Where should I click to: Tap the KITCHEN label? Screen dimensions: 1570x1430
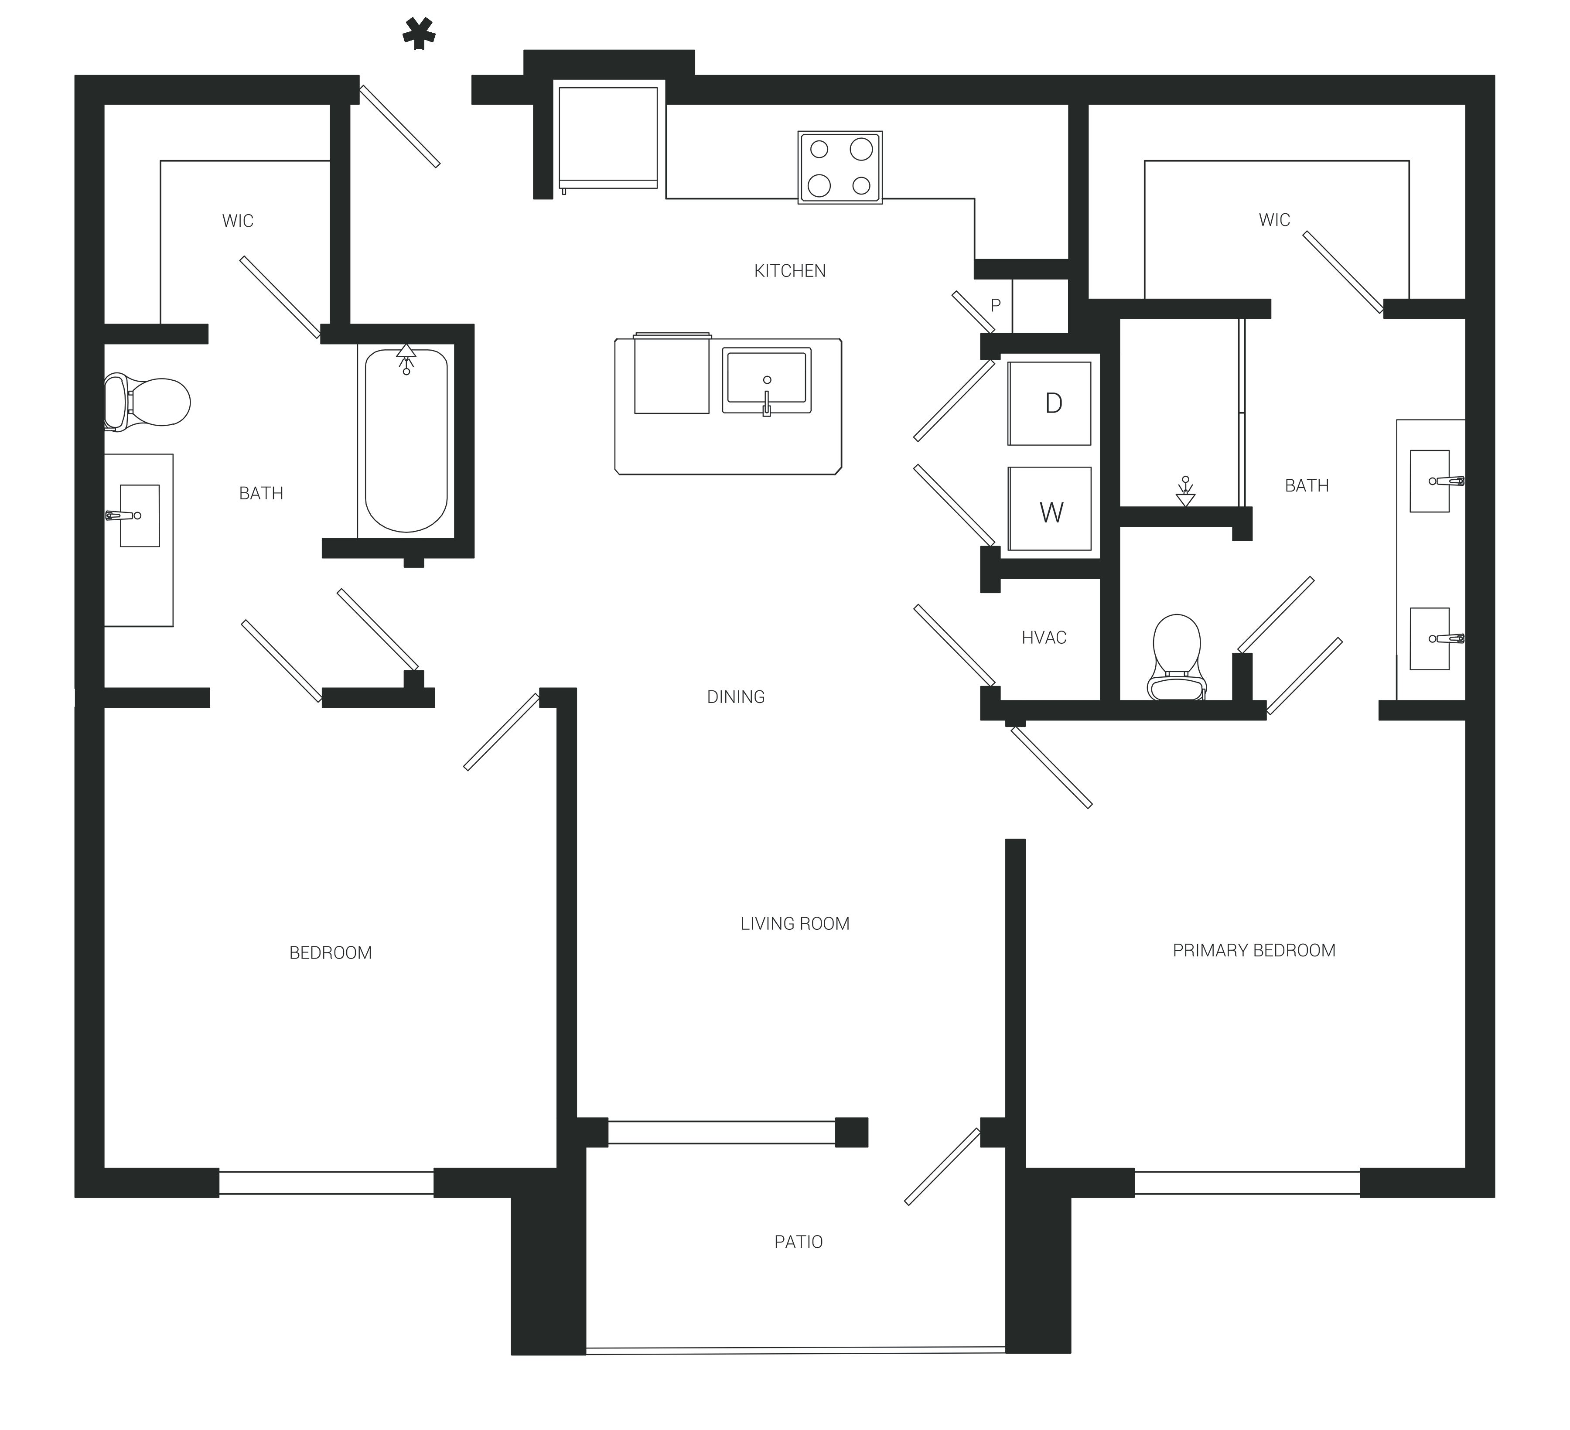pyautogui.click(x=790, y=271)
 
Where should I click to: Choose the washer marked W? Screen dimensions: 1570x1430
pyautogui.click(x=1050, y=509)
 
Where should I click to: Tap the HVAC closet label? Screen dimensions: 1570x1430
pyautogui.click(x=1044, y=638)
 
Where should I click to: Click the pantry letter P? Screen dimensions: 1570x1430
pyautogui.click(x=995, y=305)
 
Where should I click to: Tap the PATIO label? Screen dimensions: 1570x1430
pyautogui.click(x=798, y=1242)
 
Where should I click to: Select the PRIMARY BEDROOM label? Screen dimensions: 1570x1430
pyautogui.click(x=1254, y=950)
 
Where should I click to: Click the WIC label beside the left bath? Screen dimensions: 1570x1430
pyautogui.click(x=238, y=221)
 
